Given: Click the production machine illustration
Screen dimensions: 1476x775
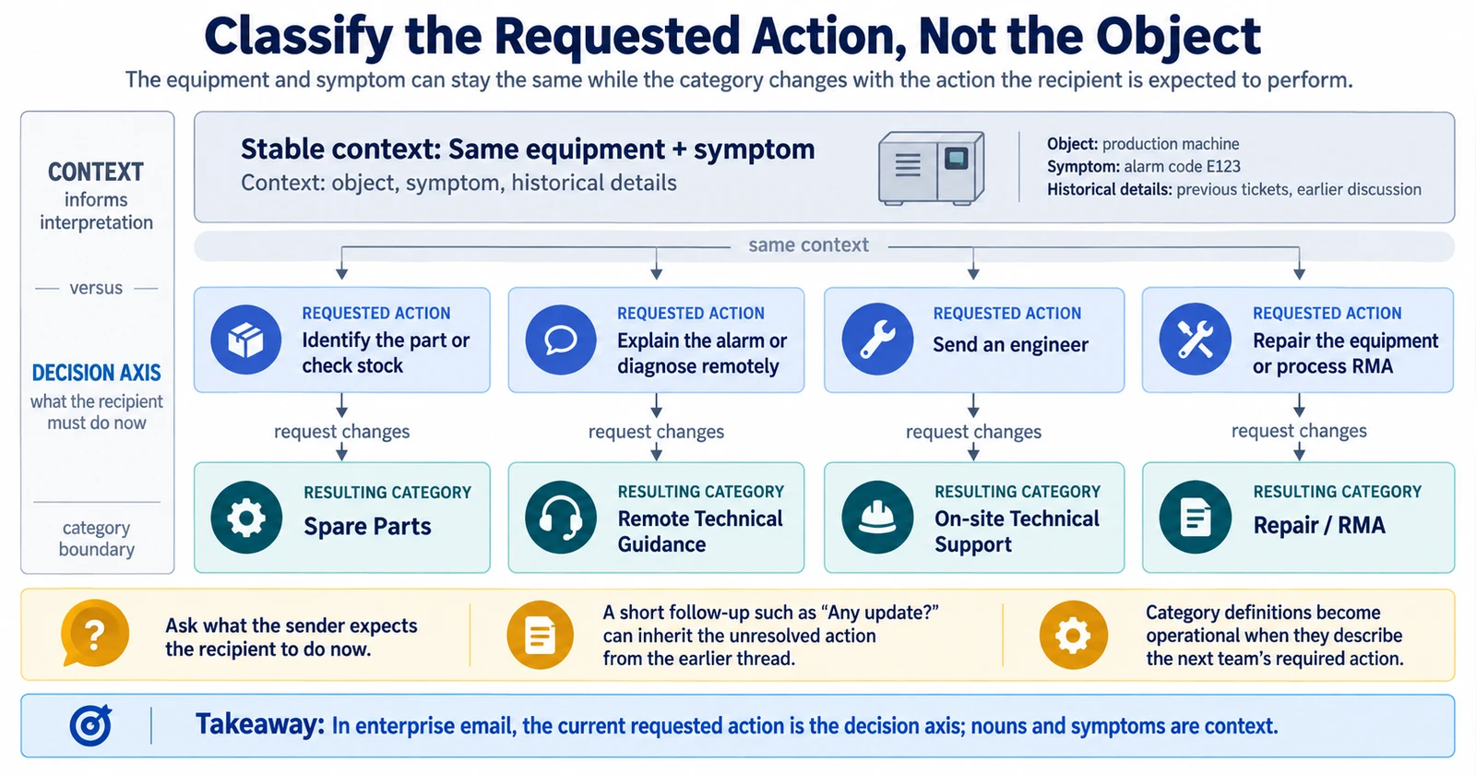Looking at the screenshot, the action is [x=931, y=168].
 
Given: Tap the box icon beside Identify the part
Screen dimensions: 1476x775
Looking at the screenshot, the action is [x=245, y=340].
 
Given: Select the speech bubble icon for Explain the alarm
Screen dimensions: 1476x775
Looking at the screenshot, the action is [x=561, y=340].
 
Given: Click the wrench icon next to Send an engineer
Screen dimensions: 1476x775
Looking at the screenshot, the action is [x=877, y=340].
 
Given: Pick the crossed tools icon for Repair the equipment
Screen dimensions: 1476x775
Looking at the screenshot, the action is [x=1196, y=340].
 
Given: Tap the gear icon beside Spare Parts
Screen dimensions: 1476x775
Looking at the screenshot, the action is [x=246, y=518].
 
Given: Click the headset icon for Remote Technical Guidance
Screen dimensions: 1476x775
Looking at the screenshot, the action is [x=561, y=518].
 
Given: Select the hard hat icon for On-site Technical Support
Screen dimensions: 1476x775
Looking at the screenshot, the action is [x=877, y=518].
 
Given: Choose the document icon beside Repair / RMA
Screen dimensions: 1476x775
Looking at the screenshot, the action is [x=1196, y=518].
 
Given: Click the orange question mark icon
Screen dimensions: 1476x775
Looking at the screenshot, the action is [x=94, y=633].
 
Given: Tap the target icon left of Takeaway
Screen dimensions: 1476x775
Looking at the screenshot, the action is [x=91, y=725].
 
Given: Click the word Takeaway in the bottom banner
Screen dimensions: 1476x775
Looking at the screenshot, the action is [x=259, y=725].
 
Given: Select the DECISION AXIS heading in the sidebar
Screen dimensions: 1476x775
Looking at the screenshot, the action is [x=97, y=373].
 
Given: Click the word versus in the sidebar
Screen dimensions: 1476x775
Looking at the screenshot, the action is [x=96, y=288].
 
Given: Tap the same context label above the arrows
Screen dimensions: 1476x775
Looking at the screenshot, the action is [x=808, y=245].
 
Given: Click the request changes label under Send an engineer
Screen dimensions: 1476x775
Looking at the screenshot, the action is [x=973, y=432].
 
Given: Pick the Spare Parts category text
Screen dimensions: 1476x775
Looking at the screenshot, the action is [x=367, y=526].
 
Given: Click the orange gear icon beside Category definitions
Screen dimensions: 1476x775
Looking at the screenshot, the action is [x=1074, y=636].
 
